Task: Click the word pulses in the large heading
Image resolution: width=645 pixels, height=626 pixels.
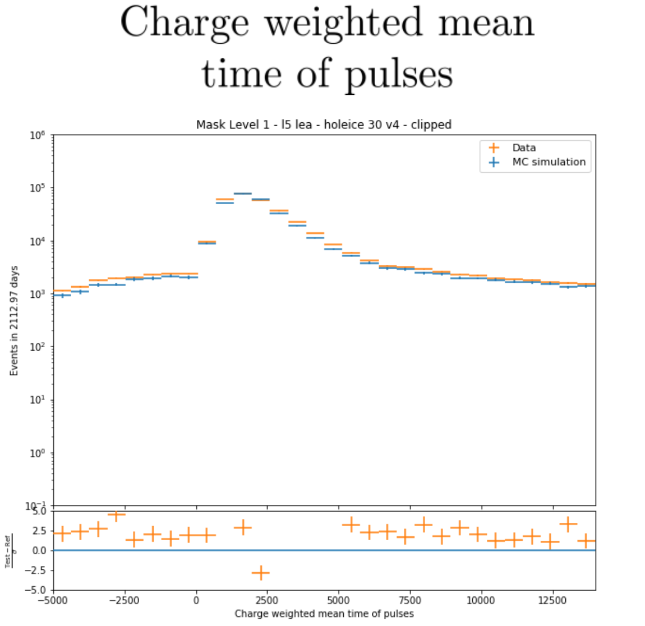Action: tap(398, 75)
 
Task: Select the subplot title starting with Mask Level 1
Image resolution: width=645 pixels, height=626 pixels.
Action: tap(324, 125)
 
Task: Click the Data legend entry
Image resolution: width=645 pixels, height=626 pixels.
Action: tap(524, 148)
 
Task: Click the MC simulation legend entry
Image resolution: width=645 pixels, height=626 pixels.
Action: tap(549, 162)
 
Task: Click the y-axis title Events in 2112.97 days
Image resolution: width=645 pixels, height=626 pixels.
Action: tap(15, 321)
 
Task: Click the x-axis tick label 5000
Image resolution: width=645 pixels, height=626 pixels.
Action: tap(338, 601)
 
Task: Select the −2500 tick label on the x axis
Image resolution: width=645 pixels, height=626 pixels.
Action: tap(124, 601)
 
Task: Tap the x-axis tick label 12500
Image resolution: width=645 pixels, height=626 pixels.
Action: tap(552, 601)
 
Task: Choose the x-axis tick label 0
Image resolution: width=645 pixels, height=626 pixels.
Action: tap(196, 601)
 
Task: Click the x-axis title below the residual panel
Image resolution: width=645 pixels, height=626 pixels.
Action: tap(324, 614)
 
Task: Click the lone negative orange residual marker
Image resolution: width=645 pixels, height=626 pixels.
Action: tap(260, 573)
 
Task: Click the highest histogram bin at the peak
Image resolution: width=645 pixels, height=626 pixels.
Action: tap(242, 194)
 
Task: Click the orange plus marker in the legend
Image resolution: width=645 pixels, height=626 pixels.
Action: tap(494, 148)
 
